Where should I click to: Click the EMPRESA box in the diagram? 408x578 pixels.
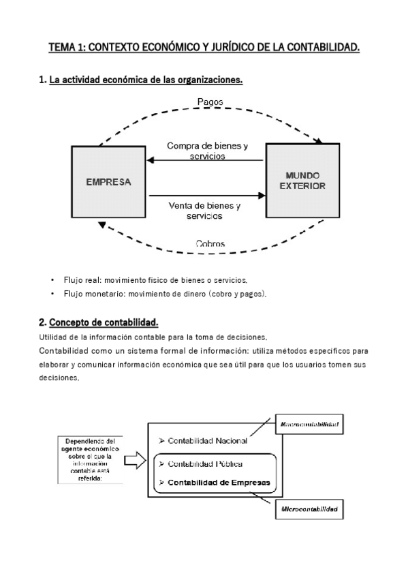pyautogui.click(x=108, y=183)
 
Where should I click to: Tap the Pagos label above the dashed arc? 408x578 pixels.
pyautogui.click(x=210, y=102)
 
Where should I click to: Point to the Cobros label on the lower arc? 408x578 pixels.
pyautogui.click(x=210, y=243)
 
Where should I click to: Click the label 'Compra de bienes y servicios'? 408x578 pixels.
pyautogui.click(x=207, y=151)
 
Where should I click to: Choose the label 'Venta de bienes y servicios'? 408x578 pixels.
pyautogui.click(x=204, y=210)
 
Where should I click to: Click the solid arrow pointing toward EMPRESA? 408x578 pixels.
pyautogui.click(x=205, y=161)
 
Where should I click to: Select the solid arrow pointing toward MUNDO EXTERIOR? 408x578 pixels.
pyautogui.click(x=205, y=196)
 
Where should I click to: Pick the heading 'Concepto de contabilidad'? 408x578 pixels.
pyautogui.click(x=108, y=322)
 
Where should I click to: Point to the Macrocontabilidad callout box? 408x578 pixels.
pyautogui.click(x=310, y=424)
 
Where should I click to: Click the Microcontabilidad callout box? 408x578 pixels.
pyautogui.click(x=310, y=508)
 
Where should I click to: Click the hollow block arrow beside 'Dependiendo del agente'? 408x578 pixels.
pyautogui.click(x=137, y=461)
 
